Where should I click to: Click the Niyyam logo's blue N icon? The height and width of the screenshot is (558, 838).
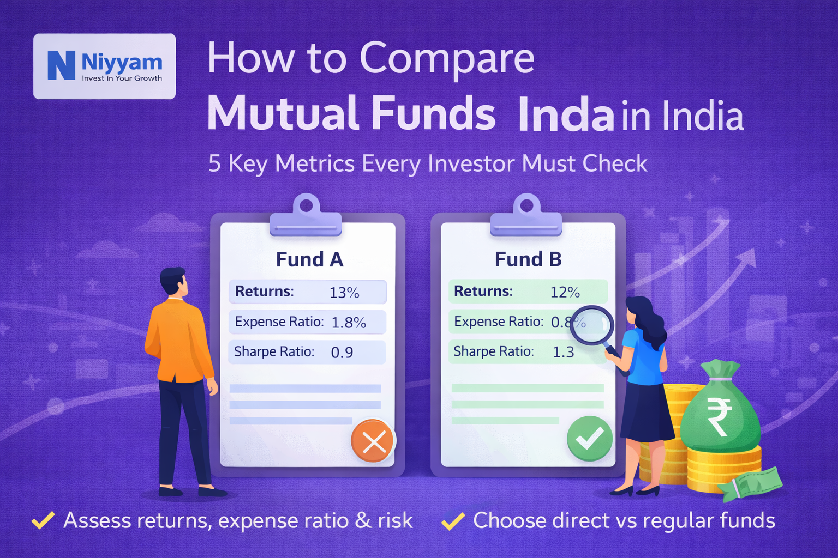(61, 65)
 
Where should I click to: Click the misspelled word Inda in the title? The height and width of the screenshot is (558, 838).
(566, 115)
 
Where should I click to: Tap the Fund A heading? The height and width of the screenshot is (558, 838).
(309, 259)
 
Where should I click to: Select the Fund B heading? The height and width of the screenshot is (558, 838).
(528, 259)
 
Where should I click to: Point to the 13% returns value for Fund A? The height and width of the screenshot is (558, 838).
(344, 293)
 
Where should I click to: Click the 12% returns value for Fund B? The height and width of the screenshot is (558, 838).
(565, 293)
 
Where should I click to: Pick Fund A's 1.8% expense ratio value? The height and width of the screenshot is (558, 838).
(349, 323)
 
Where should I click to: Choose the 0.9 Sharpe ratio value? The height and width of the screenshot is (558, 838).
(342, 353)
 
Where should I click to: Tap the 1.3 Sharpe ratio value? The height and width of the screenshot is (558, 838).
(563, 353)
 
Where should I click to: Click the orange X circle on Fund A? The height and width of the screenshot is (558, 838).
(373, 441)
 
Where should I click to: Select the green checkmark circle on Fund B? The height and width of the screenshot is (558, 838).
(589, 438)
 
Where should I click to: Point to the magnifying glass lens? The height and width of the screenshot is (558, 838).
(591, 325)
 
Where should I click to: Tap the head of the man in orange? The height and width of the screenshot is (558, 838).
(173, 282)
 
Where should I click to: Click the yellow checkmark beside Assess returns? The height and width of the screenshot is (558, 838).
(43, 520)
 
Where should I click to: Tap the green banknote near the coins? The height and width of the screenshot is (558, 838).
(753, 482)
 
